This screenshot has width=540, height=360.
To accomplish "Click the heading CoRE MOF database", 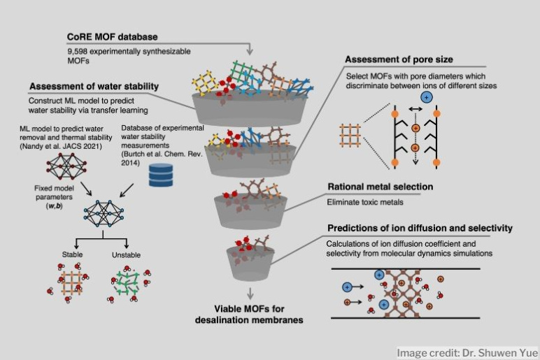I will click(112, 36).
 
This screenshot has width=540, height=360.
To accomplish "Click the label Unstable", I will click(126, 255).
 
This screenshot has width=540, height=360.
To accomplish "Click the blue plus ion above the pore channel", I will click(427, 97).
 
